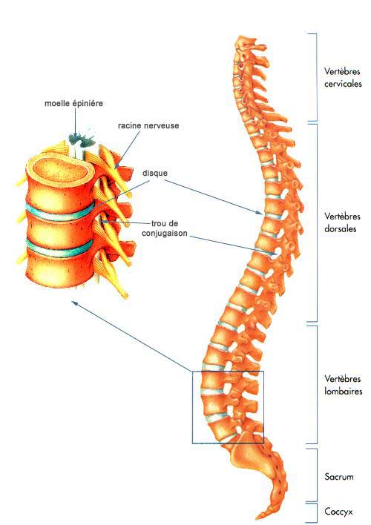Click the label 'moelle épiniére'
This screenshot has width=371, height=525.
73,103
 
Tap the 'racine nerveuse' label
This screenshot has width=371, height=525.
148,126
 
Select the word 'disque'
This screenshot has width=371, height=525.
155,173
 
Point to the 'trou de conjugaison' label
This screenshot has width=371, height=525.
165,228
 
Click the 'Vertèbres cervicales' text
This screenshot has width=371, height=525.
343,77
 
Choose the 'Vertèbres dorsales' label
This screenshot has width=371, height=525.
342,222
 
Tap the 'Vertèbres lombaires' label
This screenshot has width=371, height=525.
344,385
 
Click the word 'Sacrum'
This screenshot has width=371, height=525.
339,477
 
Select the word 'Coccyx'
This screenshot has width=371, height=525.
338,511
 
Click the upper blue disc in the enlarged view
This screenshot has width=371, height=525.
59,213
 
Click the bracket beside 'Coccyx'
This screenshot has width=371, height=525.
317,512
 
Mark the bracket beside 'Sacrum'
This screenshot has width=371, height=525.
317,475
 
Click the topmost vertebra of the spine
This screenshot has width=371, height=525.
247,43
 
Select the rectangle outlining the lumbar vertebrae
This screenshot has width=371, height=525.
192,407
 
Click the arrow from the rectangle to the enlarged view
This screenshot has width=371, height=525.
132,336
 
